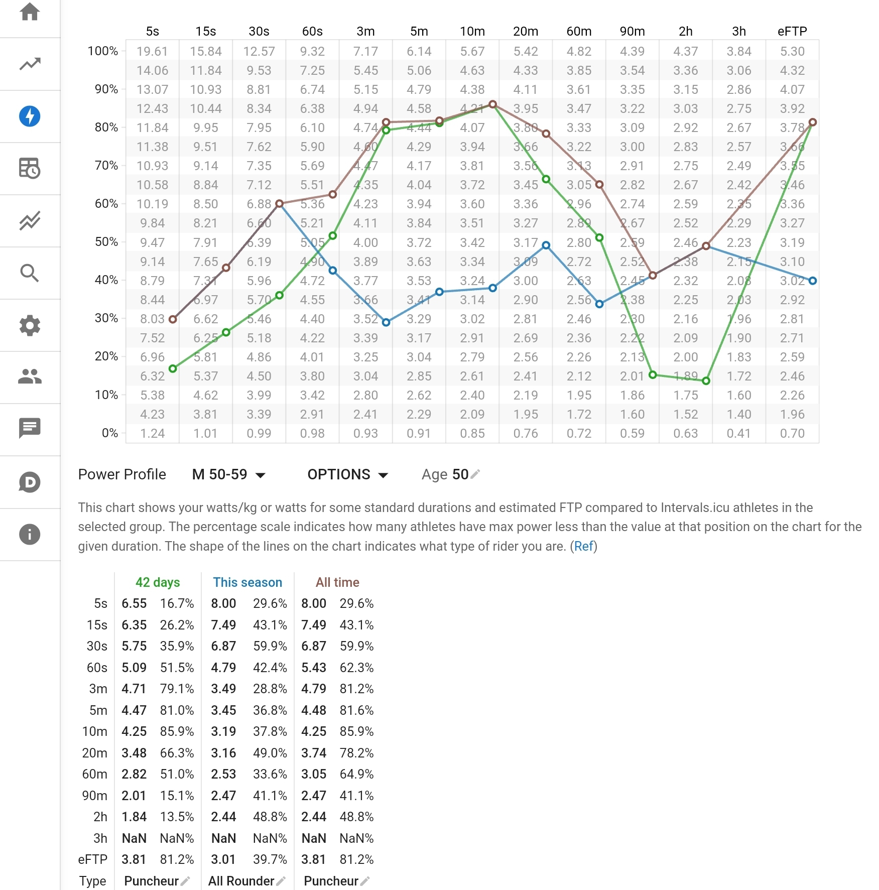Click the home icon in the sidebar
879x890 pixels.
[x=30, y=12]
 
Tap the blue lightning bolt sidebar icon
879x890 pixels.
[x=30, y=116]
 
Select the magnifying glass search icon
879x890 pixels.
[x=30, y=273]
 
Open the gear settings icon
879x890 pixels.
[x=30, y=325]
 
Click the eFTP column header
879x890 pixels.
[x=792, y=31]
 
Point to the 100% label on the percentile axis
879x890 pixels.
[x=102, y=51]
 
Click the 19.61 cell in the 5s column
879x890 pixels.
[x=153, y=51]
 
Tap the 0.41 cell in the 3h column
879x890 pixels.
[x=739, y=433]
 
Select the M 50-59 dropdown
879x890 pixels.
[x=229, y=474]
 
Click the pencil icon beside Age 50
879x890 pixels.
[x=475, y=474]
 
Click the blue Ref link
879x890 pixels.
[x=584, y=546]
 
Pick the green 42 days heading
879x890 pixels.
[x=158, y=582]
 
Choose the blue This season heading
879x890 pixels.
[x=247, y=582]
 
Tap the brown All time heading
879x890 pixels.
[x=337, y=582]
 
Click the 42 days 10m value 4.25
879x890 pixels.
[x=134, y=731]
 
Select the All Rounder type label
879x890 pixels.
[x=241, y=881]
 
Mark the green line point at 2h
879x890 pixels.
[x=706, y=381]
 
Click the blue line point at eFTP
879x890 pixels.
[x=813, y=281]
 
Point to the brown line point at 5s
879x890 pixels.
[x=173, y=319]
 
